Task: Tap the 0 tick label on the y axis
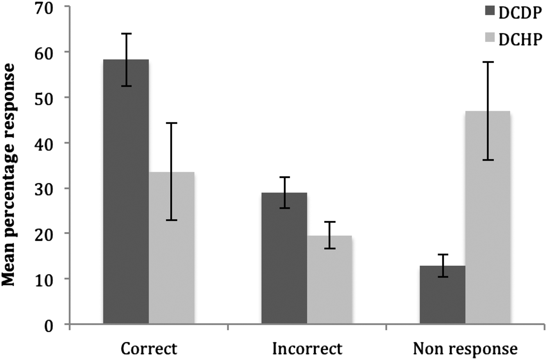[48, 325]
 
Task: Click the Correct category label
[149, 348]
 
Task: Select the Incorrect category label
[307, 348]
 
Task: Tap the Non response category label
[465, 348]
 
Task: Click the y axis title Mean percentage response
[9, 175]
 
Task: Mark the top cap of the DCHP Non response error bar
[488, 62]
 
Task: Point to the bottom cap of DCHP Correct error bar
[172, 220]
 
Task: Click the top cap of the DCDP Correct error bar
[126, 34]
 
